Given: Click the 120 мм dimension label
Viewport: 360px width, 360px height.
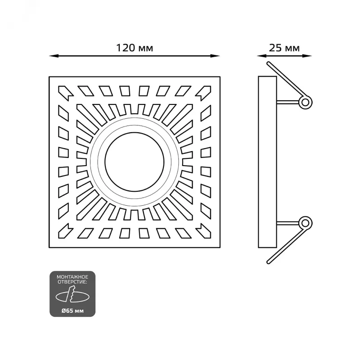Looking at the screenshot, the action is pos(135,48).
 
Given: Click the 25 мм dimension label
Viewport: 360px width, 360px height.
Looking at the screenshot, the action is pos(284,48).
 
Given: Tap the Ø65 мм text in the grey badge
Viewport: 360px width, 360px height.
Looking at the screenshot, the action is pos(72,311).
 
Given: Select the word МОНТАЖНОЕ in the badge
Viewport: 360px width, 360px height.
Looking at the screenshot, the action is pos(72,277).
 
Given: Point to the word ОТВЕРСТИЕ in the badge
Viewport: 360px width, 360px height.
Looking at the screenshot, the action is pos(72,282).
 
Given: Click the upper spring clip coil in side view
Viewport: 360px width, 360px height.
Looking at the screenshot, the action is pos(306,102).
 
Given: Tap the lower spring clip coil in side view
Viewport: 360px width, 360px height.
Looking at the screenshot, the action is pos(306,223).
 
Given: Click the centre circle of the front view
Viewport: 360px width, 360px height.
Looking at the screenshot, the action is pos(135,162).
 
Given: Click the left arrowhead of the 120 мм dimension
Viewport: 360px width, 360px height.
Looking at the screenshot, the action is pos(54,56).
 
